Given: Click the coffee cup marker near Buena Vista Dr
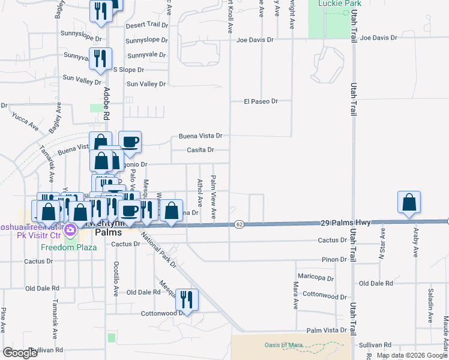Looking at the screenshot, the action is pyautogui.click(x=130, y=142).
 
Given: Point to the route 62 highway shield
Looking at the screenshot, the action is pyautogui.click(x=239, y=224).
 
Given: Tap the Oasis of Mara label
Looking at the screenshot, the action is pyautogui.click(x=283, y=344).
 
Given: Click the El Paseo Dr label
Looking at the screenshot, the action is pyautogui.click(x=261, y=101).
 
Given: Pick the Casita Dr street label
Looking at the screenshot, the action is pyautogui.click(x=200, y=150).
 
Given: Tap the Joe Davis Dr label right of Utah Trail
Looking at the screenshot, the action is pyautogui.click(x=378, y=38).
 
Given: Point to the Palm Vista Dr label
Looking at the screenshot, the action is pyautogui.click(x=327, y=330).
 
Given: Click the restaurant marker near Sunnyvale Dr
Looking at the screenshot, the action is pyautogui.click(x=101, y=59).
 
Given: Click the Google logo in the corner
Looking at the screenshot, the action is pyautogui.click(x=19, y=353).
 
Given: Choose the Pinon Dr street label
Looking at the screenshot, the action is pyautogui.click(x=334, y=259).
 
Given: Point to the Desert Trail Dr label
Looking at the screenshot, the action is pyautogui.click(x=146, y=25).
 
